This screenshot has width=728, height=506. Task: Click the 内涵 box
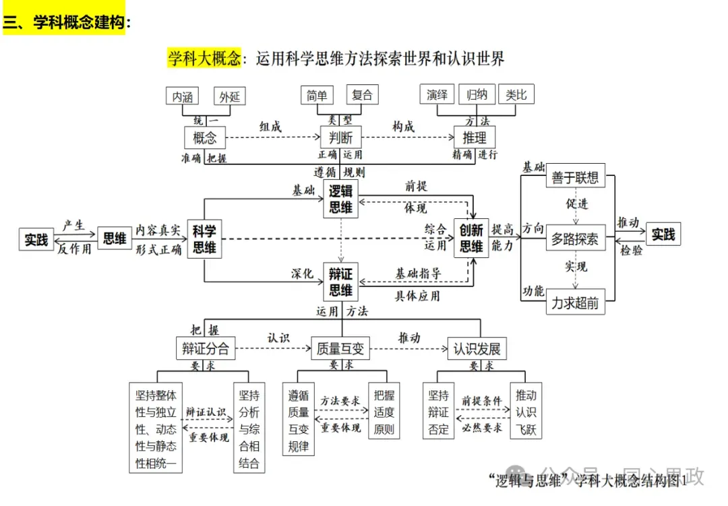(x=182, y=96)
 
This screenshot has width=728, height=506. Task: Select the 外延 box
(x=229, y=96)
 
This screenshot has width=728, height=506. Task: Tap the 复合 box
(x=362, y=95)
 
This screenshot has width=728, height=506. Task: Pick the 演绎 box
(x=437, y=95)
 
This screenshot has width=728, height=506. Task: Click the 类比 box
(x=516, y=95)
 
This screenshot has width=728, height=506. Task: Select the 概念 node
(x=204, y=137)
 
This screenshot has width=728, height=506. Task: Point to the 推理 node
(x=475, y=137)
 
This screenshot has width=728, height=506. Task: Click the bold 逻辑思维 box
(x=340, y=199)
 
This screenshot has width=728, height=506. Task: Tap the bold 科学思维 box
(x=204, y=239)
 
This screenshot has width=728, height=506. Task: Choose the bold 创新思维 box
(x=472, y=238)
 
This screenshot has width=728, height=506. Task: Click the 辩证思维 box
(x=340, y=282)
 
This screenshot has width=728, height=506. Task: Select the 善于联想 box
(x=575, y=177)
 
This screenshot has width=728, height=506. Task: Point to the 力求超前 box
(x=575, y=303)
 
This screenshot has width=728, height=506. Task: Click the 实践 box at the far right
(x=663, y=234)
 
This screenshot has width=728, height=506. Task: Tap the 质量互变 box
(x=340, y=348)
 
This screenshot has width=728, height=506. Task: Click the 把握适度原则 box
(x=384, y=412)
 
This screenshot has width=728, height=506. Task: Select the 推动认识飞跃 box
(x=526, y=412)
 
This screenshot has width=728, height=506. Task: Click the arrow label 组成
(x=270, y=127)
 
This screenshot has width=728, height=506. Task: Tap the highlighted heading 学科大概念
(x=204, y=59)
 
